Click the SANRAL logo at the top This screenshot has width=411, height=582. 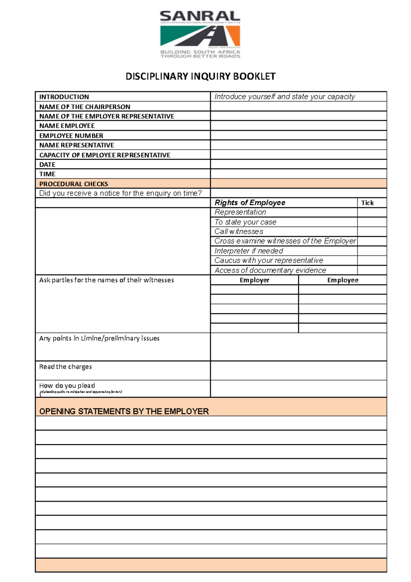point(200,34)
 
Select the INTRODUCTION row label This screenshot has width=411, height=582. point(64,97)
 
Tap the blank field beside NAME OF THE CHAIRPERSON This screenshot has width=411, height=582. point(298,107)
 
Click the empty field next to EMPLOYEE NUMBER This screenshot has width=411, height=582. point(298,135)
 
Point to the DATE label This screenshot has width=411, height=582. point(47,165)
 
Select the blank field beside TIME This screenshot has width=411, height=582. point(298,174)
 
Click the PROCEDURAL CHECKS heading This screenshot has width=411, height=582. point(74,184)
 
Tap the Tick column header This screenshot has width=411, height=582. point(368,203)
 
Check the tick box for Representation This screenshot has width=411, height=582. point(372,213)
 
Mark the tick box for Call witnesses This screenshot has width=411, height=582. point(372,232)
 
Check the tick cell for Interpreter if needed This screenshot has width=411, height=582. point(372,251)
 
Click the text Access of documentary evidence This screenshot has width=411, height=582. point(270,270)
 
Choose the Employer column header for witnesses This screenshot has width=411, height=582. point(254,280)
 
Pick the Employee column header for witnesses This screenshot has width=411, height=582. point(342,280)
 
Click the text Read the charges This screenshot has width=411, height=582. point(65,367)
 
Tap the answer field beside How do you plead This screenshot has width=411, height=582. point(298,389)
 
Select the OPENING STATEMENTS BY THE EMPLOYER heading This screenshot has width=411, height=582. point(124,411)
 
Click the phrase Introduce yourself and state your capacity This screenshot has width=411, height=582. point(285,97)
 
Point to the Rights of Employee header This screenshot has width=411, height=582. point(250,203)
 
